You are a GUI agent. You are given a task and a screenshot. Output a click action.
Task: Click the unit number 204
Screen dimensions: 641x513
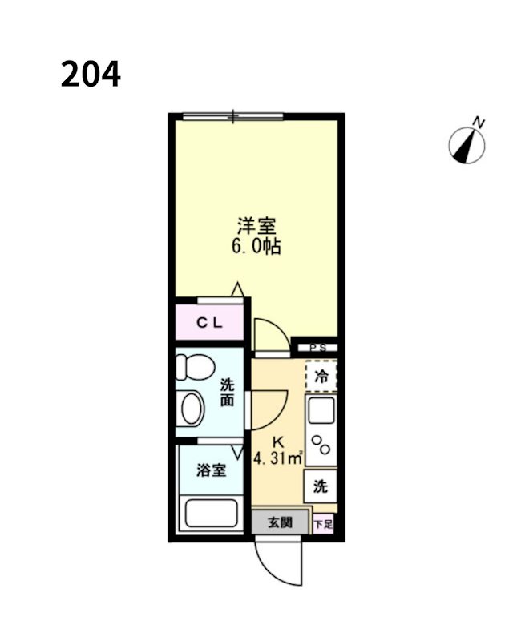coord(90,75)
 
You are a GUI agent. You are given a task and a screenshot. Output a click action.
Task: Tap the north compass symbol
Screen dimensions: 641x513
coord(467,144)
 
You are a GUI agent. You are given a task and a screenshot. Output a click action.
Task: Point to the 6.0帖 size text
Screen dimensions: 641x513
coord(256,247)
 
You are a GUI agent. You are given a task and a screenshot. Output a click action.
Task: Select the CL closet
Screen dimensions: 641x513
coord(210,323)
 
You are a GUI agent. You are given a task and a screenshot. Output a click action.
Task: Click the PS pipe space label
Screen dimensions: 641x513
coord(318,348)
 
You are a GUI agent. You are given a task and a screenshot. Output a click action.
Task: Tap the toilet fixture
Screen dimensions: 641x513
coord(192,367)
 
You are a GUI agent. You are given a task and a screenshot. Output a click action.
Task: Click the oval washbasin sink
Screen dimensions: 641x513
coord(193,408)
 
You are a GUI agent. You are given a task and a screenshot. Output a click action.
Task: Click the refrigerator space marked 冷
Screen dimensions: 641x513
coord(321,376)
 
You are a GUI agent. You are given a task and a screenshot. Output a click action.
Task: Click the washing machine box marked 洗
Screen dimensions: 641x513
coord(320,486)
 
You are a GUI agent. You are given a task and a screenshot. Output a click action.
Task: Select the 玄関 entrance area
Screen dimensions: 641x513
coord(279,523)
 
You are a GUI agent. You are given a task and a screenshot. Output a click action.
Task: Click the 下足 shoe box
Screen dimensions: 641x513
coord(323,524)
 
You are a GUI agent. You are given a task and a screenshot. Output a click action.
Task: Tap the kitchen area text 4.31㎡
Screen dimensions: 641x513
coord(277,459)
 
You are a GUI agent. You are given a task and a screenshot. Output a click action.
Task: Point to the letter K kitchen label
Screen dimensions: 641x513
coord(278,441)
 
